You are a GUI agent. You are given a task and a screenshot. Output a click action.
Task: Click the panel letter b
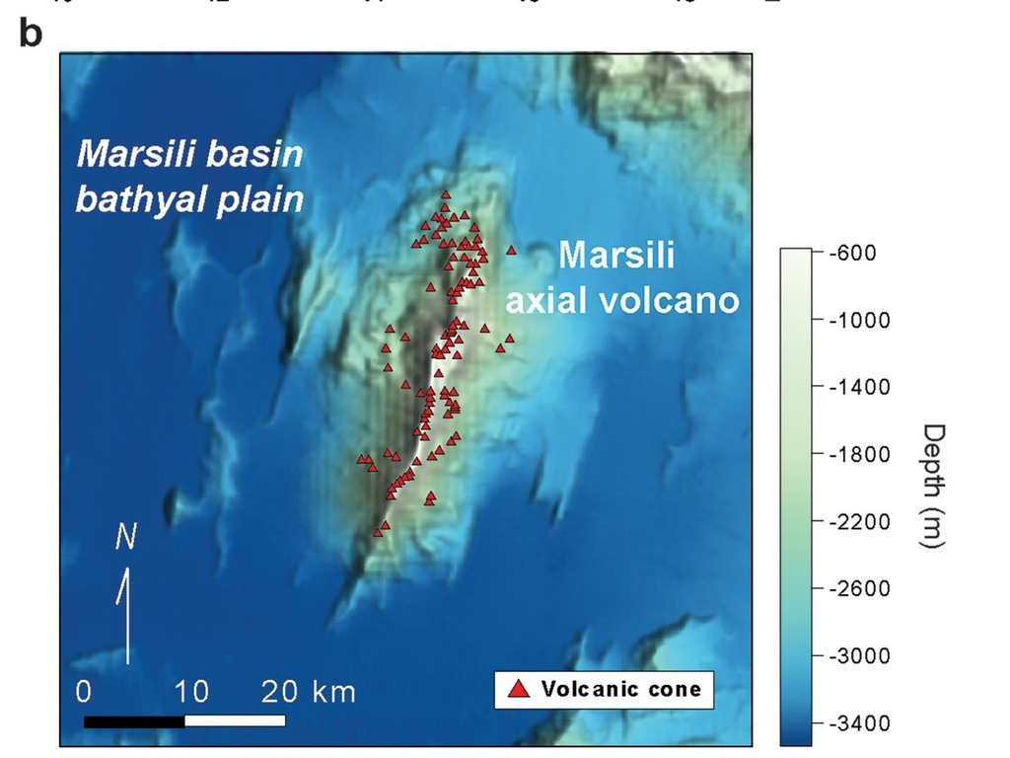[31, 33]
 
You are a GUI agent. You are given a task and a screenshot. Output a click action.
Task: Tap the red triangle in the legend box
[518, 689]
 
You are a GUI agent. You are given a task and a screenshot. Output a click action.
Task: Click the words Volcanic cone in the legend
[621, 689]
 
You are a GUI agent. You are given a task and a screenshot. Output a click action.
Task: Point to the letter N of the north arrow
[125, 537]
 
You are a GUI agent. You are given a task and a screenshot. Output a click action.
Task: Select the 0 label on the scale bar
[86, 691]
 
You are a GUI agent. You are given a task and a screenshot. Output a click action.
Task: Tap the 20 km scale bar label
[308, 691]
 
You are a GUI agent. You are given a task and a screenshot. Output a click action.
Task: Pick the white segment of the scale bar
[235, 720]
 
